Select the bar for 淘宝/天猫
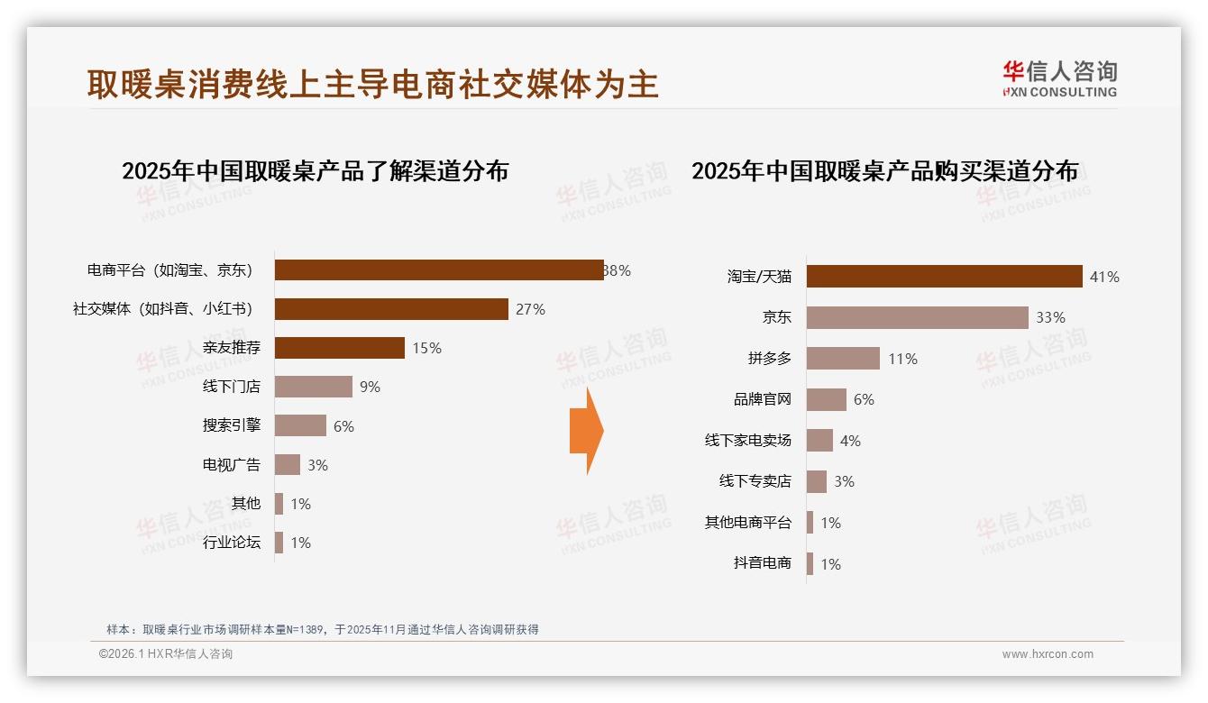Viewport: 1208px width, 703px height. pos(944,277)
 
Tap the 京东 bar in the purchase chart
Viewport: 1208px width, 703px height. pos(917,317)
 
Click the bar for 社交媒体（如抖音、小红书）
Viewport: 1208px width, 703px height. pos(391,309)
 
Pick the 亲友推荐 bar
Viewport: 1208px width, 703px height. pos(339,348)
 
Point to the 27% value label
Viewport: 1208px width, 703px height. pos(530,309)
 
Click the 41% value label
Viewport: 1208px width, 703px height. pos(1104,277)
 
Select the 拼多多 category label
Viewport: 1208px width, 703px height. pos(769,359)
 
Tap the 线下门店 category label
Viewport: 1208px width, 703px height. pos(231,387)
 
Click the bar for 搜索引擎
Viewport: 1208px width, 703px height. pos(300,425)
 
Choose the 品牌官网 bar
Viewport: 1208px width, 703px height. pos(826,399)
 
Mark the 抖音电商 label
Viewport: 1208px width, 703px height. pos(762,563)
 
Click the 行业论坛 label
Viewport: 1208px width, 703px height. pos(231,543)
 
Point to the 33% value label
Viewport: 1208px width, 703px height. pos(1050,317)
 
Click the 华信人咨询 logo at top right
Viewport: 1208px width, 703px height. pos(1059,78)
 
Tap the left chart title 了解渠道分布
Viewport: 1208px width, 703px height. pos(315,170)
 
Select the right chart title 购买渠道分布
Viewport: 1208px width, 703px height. pos(884,170)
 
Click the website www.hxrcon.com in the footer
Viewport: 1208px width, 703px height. pos(1047,654)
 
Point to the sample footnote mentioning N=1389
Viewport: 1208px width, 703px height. pos(322,629)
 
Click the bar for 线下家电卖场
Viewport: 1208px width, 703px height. pos(819,441)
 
